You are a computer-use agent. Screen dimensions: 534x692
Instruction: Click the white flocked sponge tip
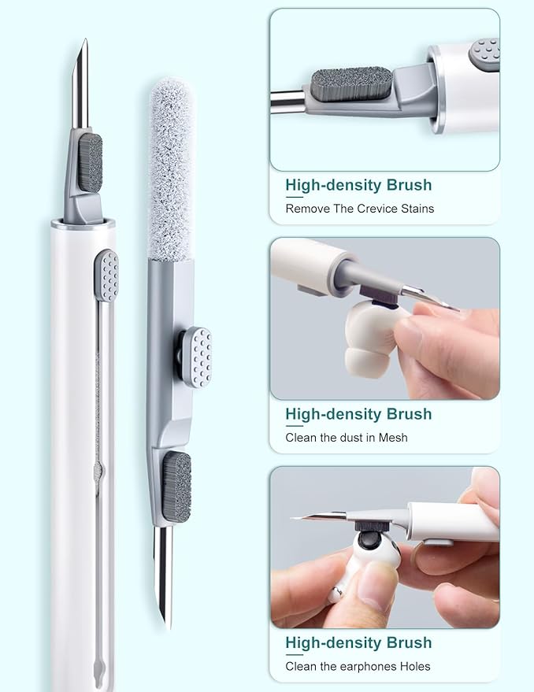[170, 168]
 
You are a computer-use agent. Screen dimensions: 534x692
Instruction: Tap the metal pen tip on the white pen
[81, 85]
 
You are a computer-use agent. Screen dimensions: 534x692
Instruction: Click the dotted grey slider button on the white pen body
[106, 276]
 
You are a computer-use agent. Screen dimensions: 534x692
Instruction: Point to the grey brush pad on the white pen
[90, 163]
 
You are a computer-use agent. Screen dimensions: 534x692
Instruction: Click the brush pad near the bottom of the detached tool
[176, 487]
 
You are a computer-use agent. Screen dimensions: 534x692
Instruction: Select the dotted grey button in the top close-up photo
[484, 53]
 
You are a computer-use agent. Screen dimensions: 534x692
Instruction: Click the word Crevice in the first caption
[376, 209]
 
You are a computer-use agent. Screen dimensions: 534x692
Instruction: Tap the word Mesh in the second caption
[393, 438]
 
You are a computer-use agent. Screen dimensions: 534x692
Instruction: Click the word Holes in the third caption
[415, 666]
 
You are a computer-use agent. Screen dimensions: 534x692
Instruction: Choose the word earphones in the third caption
[369, 666]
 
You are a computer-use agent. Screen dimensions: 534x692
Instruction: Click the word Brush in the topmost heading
[409, 184]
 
